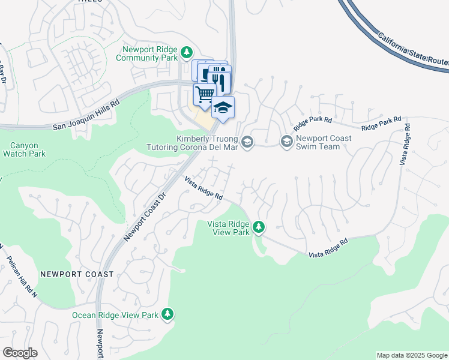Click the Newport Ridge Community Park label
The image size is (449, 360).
pos(150,53)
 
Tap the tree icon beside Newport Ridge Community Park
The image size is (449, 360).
pos(187,53)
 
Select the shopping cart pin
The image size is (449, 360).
pos(205,94)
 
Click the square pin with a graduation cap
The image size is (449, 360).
pos(223,107)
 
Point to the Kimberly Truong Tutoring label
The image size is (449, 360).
pos(193,142)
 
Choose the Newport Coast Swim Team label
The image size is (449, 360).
pos(324,142)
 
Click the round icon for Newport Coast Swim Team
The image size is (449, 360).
pos(286,142)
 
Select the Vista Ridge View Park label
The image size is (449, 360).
pos(228,228)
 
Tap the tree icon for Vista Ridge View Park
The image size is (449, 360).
pos(259,227)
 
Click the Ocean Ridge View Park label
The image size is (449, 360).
pos(115,315)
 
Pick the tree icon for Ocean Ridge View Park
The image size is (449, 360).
pos(167,314)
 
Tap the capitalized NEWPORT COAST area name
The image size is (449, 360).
pos(77,274)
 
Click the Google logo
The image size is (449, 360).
pos(20,353)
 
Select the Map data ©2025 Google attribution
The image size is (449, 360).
pos(412,355)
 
